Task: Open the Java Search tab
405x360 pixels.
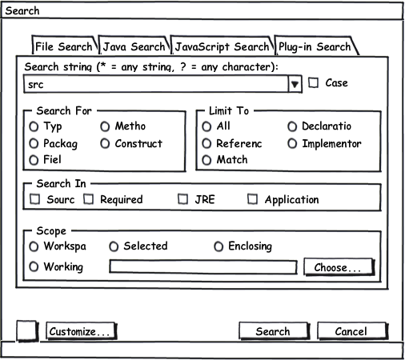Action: pyautogui.click(x=134, y=46)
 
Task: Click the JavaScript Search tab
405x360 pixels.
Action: pyautogui.click(x=222, y=46)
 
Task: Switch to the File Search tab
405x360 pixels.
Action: pyautogui.click(x=64, y=46)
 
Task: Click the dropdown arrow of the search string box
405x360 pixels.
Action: pyautogui.click(x=295, y=84)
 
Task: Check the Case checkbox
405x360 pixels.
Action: pyautogui.click(x=313, y=82)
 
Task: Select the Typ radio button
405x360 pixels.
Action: pyautogui.click(x=34, y=126)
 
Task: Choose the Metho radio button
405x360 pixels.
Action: pyautogui.click(x=105, y=126)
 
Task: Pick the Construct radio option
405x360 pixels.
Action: pyautogui.click(x=105, y=144)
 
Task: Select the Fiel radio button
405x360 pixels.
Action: pyautogui.click(x=34, y=160)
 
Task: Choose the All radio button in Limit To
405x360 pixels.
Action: pyautogui.click(x=207, y=126)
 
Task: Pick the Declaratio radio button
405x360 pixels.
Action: pyautogui.click(x=292, y=126)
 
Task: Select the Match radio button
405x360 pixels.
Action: pyautogui.click(x=207, y=160)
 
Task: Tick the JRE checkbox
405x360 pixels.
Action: pyautogui.click(x=182, y=199)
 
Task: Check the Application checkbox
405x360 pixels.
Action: pyautogui.click(x=252, y=199)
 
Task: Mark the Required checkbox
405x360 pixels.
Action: pyautogui.click(x=88, y=199)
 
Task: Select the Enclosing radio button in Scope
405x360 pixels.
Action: pyautogui.click(x=219, y=246)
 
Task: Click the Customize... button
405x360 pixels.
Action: pyautogui.click(x=81, y=331)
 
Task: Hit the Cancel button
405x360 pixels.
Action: pyautogui.click(x=352, y=331)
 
